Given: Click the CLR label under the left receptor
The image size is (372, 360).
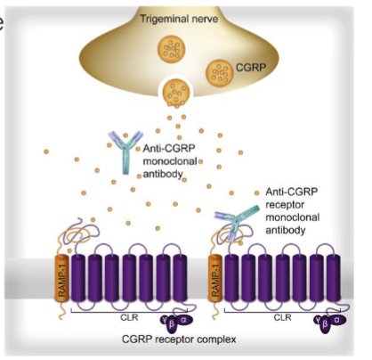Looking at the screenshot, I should (125, 316).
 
